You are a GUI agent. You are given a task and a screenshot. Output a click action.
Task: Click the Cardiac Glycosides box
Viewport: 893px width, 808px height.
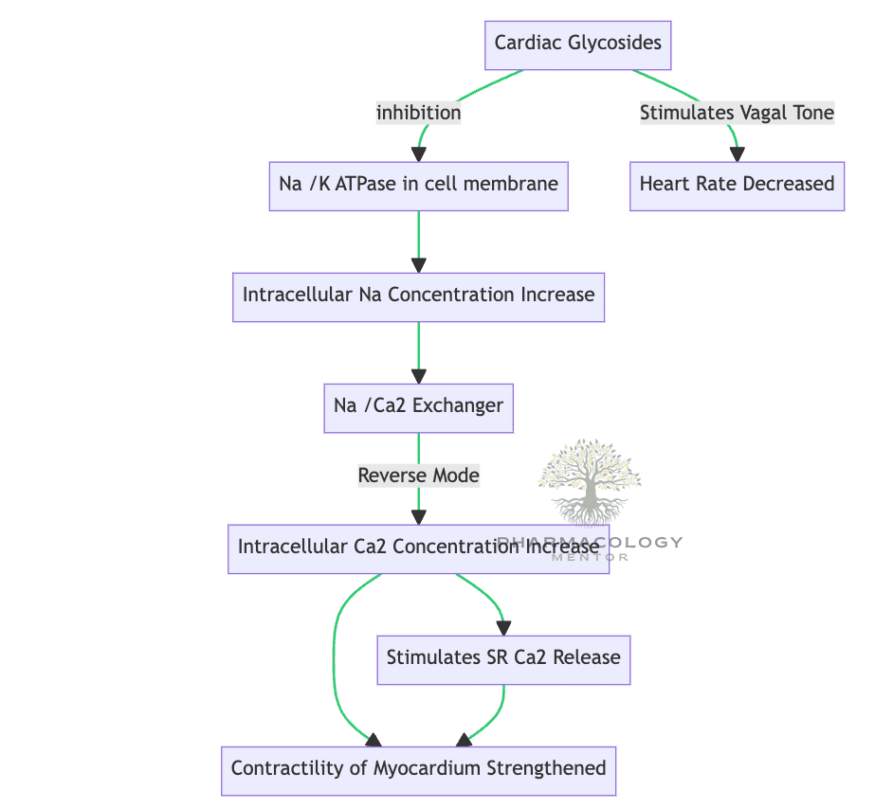577,44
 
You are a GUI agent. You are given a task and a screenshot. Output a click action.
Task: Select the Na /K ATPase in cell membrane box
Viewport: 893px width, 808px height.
418,184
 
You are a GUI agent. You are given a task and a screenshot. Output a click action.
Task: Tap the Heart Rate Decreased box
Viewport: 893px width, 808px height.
737,184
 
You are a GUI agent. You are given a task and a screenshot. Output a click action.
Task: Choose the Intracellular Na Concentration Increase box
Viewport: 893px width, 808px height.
418,295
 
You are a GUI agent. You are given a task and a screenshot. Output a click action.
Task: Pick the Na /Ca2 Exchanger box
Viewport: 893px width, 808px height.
418,405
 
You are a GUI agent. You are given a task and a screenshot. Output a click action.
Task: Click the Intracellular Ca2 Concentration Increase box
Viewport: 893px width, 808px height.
418,548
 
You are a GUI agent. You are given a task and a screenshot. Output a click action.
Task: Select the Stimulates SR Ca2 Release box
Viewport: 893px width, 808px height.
503,657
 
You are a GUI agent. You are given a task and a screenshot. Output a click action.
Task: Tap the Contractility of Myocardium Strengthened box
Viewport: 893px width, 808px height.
418,768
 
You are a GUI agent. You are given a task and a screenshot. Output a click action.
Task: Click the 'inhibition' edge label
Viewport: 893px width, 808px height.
418,113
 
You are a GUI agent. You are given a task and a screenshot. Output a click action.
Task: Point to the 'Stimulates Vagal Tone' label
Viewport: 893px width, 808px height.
737,113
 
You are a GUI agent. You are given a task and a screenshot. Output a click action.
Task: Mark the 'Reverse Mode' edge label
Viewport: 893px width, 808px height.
418,475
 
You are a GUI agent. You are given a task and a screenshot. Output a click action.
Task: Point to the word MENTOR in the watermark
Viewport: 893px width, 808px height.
589,557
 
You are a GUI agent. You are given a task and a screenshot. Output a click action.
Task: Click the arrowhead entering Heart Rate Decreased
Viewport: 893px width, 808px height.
737,153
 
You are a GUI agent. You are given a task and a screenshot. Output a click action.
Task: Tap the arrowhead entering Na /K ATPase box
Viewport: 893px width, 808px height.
418,153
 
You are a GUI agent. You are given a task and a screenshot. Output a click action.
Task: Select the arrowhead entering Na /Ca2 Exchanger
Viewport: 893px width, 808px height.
418,375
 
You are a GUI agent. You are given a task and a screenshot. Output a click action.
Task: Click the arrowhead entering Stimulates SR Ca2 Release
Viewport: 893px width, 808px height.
503,627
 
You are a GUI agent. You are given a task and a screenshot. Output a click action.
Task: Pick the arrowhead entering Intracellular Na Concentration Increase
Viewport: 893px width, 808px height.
418,264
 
